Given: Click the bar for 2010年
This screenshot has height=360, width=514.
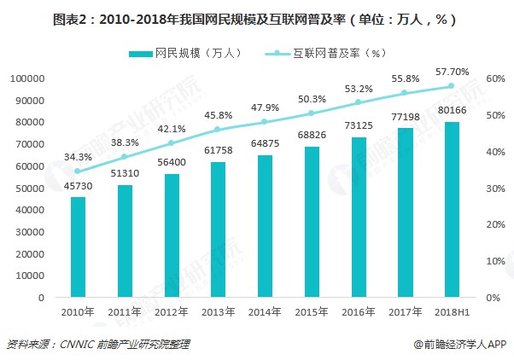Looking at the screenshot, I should [x=78, y=247].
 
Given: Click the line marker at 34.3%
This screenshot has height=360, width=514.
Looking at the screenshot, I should [x=78, y=171].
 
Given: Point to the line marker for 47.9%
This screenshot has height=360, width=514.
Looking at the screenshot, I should [x=265, y=122].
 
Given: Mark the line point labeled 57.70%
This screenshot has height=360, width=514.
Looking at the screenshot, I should [x=451, y=86].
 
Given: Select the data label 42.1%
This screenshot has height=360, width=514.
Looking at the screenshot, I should [x=172, y=129].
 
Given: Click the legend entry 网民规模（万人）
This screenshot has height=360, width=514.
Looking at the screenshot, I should [x=184, y=53].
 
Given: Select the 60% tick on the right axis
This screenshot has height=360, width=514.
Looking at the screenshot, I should [x=496, y=78].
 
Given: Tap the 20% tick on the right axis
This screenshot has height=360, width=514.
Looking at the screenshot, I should [x=496, y=225].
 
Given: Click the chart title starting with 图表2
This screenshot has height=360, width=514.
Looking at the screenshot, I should [x=256, y=16].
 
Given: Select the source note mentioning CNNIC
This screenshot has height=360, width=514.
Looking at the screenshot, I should [x=98, y=345].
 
